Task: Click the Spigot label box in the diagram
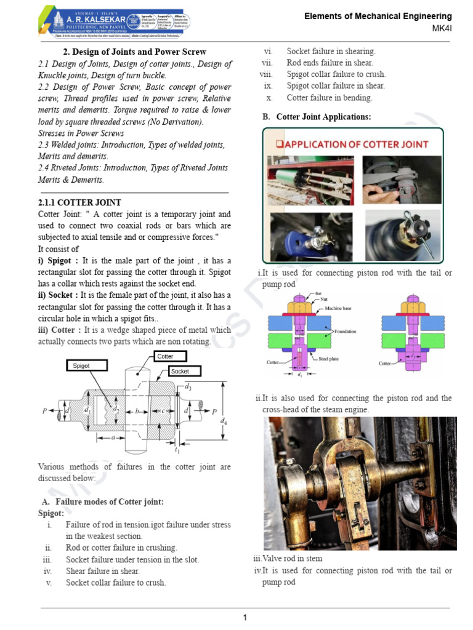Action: pyautogui.click(x=86, y=365)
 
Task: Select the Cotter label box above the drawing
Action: pyautogui.click(x=164, y=356)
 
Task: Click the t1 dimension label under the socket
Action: pyautogui.click(x=177, y=450)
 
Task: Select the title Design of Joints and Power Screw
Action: pyautogui.click(x=135, y=52)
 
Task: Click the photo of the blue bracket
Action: pyautogui.click(x=311, y=236)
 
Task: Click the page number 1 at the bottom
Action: pyautogui.click(x=245, y=618)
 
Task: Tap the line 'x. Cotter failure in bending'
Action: pyautogui.click(x=329, y=98)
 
